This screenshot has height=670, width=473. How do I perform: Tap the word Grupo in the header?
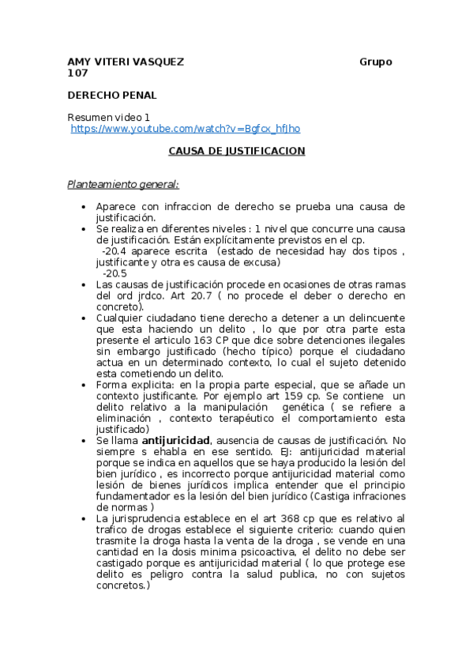(x=376, y=62)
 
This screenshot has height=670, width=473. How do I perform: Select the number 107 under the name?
(x=77, y=73)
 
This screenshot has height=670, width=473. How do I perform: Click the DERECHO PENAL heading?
(x=112, y=95)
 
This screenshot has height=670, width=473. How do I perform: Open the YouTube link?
(x=186, y=128)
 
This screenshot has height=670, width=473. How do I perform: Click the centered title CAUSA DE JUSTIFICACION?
(x=237, y=150)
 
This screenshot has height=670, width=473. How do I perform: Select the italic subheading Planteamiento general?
(x=123, y=185)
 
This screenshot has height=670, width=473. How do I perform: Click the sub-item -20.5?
(x=114, y=273)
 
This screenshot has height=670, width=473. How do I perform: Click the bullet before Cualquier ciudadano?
(x=84, y=318)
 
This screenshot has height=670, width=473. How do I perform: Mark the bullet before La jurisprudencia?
(x=84, y=518)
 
